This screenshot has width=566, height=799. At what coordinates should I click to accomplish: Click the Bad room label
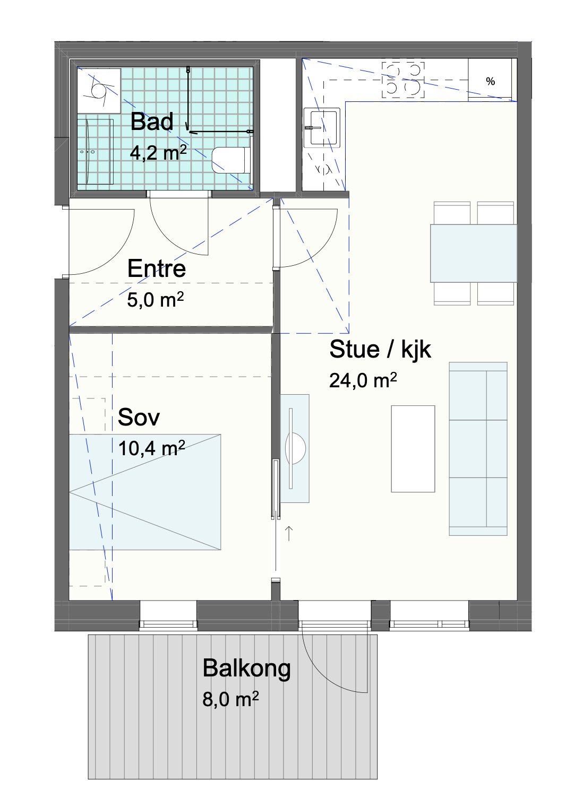pos(152,121)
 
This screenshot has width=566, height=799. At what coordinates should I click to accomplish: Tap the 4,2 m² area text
pos(158,153)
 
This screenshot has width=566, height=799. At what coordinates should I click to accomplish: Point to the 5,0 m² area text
pos(155,300)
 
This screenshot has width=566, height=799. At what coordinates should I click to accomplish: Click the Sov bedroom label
pos(139,417)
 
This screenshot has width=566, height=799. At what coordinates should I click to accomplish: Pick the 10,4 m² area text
pos(152,448)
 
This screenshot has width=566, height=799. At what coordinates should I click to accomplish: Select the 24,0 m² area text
pos(363,380)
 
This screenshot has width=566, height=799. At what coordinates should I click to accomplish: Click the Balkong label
pos(246,668)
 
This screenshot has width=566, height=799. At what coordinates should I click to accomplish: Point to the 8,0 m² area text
pos(230,699)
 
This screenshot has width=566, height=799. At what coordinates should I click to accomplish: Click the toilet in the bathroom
pos(230,160)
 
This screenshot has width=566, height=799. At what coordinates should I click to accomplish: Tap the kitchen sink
pos(322,128)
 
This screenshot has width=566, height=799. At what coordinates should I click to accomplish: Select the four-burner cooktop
pos(404,80)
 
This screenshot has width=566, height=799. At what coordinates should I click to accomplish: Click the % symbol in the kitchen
pos(491,81)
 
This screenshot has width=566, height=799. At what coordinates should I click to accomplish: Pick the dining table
pos(474,253)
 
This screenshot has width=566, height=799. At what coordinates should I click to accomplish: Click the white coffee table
pos(413,449)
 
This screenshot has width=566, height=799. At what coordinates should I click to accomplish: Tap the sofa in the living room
pos(478,449)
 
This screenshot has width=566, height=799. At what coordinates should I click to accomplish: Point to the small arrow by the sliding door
pos(289,533)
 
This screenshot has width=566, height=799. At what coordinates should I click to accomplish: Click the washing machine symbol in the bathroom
pos(99,91)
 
